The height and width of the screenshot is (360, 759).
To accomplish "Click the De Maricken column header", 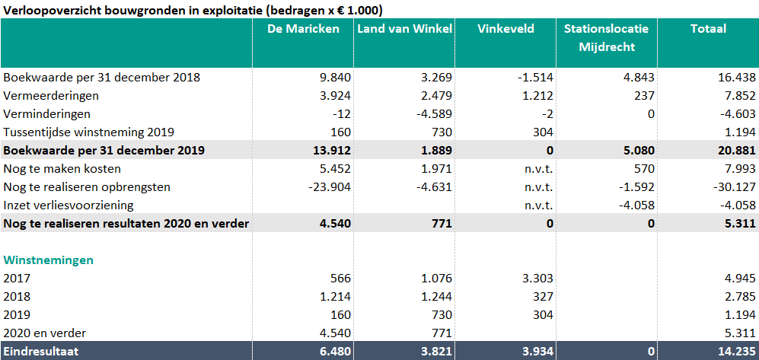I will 303,29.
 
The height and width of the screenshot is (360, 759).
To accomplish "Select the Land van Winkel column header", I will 404,29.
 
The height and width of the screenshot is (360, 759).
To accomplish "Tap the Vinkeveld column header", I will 505,29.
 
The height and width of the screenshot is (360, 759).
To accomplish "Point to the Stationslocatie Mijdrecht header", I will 606,37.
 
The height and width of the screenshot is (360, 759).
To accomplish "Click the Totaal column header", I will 708,29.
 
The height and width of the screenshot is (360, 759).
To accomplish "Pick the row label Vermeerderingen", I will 51,95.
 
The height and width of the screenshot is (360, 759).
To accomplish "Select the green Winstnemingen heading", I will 48,260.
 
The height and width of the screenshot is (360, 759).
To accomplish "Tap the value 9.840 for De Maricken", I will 334,77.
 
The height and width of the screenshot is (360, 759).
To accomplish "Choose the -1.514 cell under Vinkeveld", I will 535,77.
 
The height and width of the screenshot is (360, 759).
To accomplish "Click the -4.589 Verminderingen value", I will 435,113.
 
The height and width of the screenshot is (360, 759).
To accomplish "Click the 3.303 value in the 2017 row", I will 537,278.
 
